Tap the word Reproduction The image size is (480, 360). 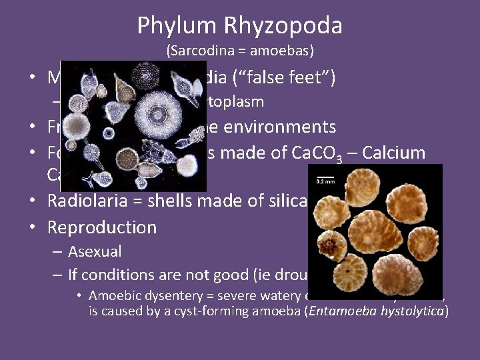[x=101, y=227]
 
